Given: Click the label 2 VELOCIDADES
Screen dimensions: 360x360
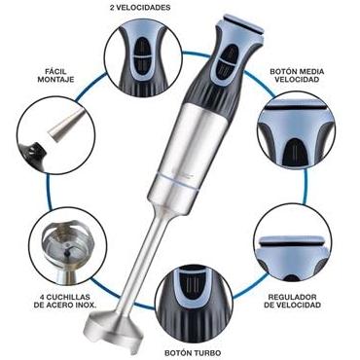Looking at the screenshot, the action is pos(140,8).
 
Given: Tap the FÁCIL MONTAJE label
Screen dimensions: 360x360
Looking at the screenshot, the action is pos(55,75).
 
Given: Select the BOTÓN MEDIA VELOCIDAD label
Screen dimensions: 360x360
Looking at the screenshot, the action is pos(297,75).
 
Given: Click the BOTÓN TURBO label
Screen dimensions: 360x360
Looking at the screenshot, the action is pos(193,353).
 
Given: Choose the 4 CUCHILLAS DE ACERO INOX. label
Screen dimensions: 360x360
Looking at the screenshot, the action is pos(65,301).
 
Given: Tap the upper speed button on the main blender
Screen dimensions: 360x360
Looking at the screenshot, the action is pos(232,52).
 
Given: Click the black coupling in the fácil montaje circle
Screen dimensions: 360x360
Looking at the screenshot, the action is pos(35,153).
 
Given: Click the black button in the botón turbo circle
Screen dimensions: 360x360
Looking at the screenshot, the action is pos(193,287).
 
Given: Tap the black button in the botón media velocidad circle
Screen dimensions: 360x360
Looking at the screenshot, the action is pos(294,152).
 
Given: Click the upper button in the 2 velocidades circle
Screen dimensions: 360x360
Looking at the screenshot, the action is pos(143,47).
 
